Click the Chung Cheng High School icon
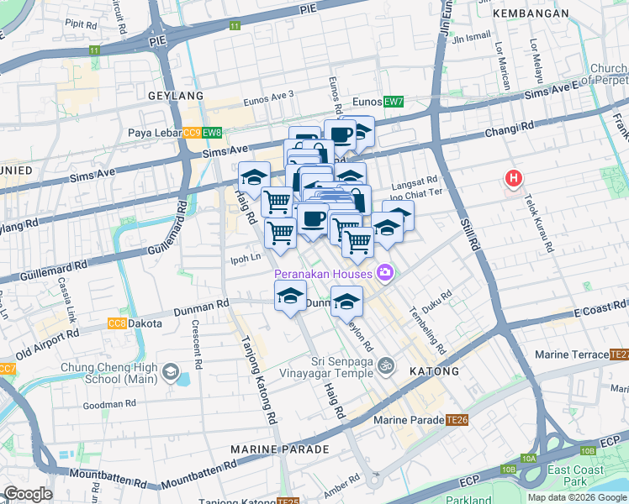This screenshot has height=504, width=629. click(171, 370)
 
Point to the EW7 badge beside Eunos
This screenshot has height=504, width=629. click(394, 102)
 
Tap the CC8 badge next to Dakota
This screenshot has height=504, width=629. click(117, 323)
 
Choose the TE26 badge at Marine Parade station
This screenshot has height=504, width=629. click(457, 419)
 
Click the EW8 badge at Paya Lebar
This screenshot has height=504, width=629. click(212, 133)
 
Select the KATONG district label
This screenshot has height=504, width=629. click(434, 370)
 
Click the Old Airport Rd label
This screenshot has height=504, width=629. click(50, 341)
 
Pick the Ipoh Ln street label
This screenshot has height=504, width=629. click(244, 259)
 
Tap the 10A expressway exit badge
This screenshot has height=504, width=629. click(528, 459)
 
